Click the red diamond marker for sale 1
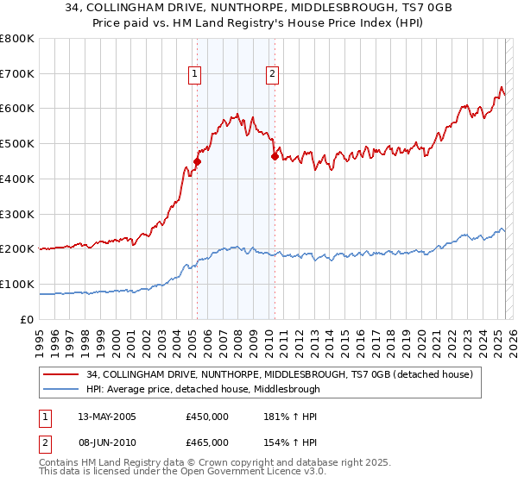click(197, 160)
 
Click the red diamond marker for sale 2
click(275, 156)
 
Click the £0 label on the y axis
click(28, 319)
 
